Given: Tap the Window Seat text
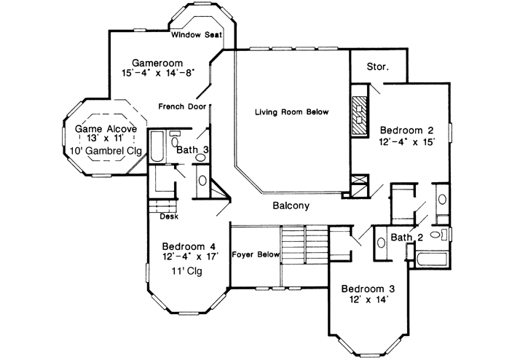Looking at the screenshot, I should [x=197, y=34].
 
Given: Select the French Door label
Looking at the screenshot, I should [x=182, y=106].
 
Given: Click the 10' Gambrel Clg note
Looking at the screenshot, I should [x=103, y=152].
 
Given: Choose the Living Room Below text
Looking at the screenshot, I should [x=291, y=112].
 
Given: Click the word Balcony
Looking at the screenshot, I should [x=291, y=206].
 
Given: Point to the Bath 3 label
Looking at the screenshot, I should [x=193, y=149].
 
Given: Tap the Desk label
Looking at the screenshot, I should [x=169, y=216].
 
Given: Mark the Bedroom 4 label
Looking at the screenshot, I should [x=189, y=246].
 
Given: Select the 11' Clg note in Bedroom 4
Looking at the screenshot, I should [x=185, y=271].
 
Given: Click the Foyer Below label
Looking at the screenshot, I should [x=256, y=254].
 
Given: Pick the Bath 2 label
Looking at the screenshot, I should [x=407, y=238].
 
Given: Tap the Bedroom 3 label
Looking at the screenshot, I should [x=369, y=289].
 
